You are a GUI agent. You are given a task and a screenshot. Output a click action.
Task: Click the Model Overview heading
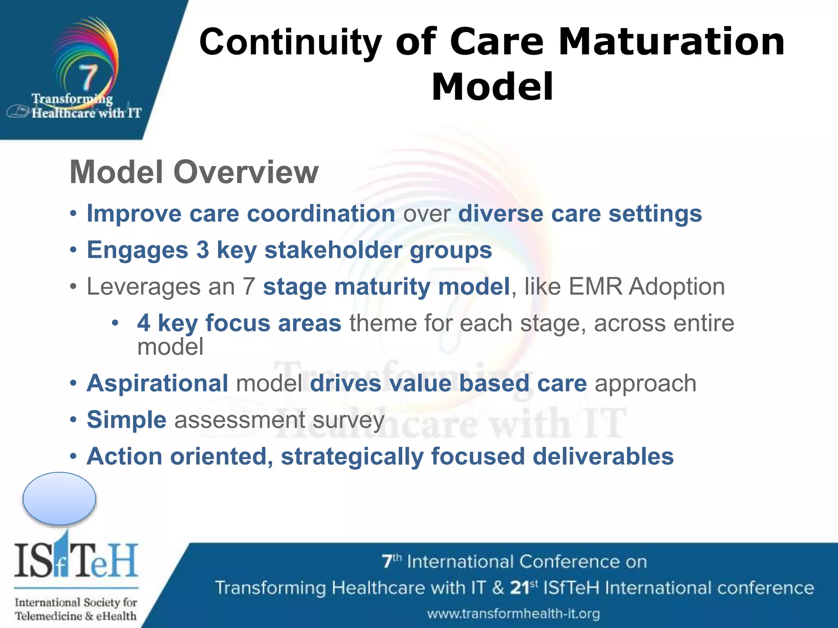tap(194, 172)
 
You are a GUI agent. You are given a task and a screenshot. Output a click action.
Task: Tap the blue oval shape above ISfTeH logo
tap(59, 498)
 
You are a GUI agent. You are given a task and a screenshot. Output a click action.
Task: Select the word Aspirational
tap(158, 384)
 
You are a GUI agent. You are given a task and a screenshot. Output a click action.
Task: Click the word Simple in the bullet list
tap(126, 420)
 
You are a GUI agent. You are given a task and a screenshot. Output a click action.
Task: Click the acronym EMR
tap(596, 286)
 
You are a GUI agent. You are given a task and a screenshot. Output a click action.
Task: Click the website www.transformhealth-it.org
tap(514, 614)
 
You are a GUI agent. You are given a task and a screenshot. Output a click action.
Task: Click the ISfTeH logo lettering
tap(76, 560)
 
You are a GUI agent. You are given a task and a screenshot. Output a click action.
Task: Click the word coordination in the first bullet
tap(321, 213)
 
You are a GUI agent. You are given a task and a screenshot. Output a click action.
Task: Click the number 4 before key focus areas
tap(144, 323)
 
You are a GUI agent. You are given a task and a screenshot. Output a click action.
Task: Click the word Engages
tap(137, 250)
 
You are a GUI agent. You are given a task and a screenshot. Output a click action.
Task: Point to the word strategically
tap(352, 457)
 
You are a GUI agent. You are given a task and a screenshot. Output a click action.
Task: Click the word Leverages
tap(144, 286)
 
